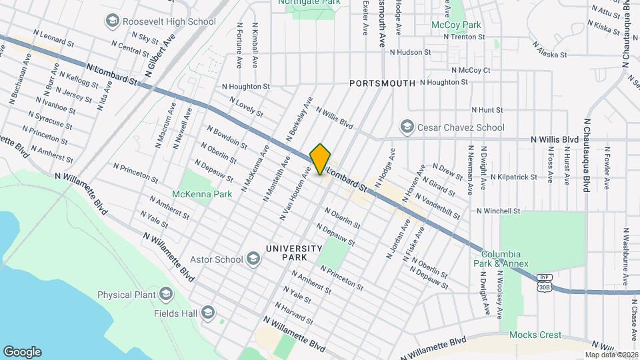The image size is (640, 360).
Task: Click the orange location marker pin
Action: click(x=320, y=159)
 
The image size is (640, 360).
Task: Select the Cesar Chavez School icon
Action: click(x=406, y=127)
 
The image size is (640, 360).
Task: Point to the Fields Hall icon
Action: click(x=208, y=313)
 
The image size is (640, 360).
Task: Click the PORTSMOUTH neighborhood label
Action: click(x=382, y=83)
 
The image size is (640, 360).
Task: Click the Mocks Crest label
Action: click(x=536, y=335)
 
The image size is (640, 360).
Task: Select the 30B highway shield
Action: click(x=544, y=285)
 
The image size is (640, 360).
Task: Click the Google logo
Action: click(x=22, y=351)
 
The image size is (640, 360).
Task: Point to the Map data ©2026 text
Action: click(x=611, y=355)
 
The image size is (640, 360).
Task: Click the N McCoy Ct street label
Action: click(x=471, y=69)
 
